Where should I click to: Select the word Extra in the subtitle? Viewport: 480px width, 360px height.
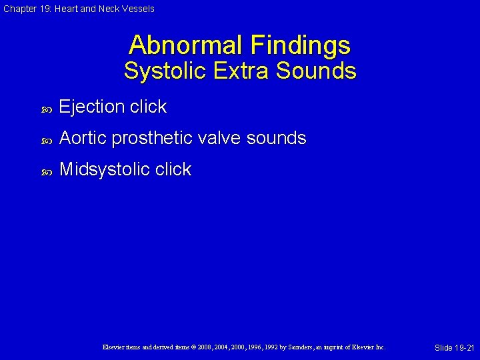tap(240, 71)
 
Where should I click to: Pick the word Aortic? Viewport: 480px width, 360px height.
tap(83, 139)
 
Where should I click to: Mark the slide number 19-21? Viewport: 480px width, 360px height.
tap(454, 348)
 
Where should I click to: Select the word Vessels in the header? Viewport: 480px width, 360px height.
tap(138, 9)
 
